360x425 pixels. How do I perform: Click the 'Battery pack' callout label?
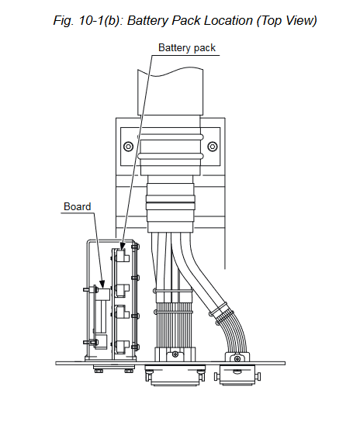187,48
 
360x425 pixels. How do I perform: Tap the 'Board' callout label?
78,206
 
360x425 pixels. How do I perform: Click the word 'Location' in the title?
228,20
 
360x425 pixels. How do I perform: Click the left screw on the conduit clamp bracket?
128,147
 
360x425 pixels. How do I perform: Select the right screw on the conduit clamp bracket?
213,147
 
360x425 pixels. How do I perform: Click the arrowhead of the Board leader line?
102,284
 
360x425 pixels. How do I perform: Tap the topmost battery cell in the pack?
123,255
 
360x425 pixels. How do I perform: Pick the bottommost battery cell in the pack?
123,347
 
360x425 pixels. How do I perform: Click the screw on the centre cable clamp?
175,354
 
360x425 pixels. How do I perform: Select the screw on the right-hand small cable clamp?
237,359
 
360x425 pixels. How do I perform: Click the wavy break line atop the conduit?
170,72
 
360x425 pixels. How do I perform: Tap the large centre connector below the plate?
175,375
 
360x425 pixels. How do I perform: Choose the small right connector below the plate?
237,375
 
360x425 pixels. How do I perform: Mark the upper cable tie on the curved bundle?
220,309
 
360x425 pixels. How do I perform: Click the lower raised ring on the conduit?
170,156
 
